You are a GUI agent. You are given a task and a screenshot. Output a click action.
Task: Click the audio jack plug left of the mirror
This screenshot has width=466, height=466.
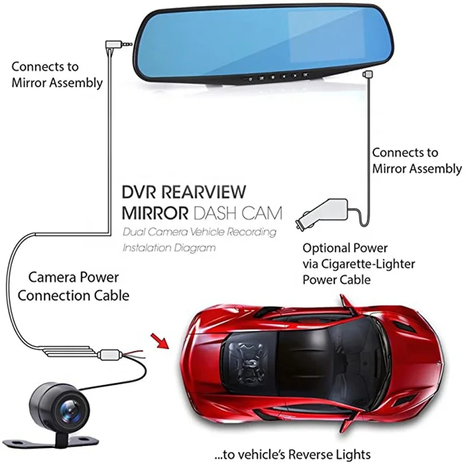click(119, 43)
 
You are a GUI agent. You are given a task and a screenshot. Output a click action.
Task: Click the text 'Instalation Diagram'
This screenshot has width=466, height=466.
click(169, 247)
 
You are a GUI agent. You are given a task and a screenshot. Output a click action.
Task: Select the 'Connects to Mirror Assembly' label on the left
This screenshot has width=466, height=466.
click(57, 74)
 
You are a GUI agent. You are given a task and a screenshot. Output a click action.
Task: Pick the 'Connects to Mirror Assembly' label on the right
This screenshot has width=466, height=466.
click(416, 161)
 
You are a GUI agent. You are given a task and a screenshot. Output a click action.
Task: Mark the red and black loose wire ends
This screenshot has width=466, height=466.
click(131, 353)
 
